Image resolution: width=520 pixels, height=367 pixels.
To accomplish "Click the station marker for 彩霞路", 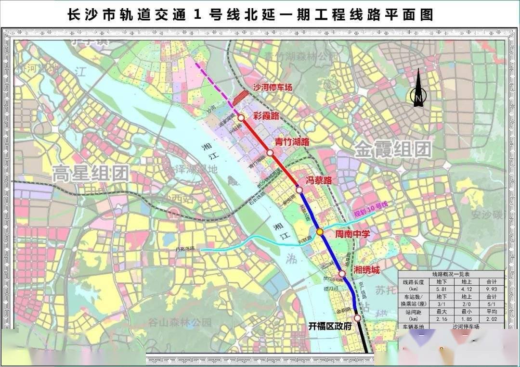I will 241,117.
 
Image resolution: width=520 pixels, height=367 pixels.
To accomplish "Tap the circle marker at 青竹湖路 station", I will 270,152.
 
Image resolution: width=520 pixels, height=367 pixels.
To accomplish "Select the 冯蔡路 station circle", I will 299,190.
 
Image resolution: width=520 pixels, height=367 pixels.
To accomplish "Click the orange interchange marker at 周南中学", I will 320,232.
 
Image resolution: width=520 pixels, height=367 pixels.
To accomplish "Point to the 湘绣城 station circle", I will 342,274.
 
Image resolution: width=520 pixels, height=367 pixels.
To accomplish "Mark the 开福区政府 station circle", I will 357,318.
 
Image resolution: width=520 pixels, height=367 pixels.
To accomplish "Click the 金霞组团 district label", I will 393,150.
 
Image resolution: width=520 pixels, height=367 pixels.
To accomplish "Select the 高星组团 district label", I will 90,173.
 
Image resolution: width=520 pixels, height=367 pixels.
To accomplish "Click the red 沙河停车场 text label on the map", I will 273,87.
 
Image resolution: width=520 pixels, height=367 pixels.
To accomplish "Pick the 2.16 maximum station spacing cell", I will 442,318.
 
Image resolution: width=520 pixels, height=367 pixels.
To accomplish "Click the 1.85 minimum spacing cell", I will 467,318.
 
